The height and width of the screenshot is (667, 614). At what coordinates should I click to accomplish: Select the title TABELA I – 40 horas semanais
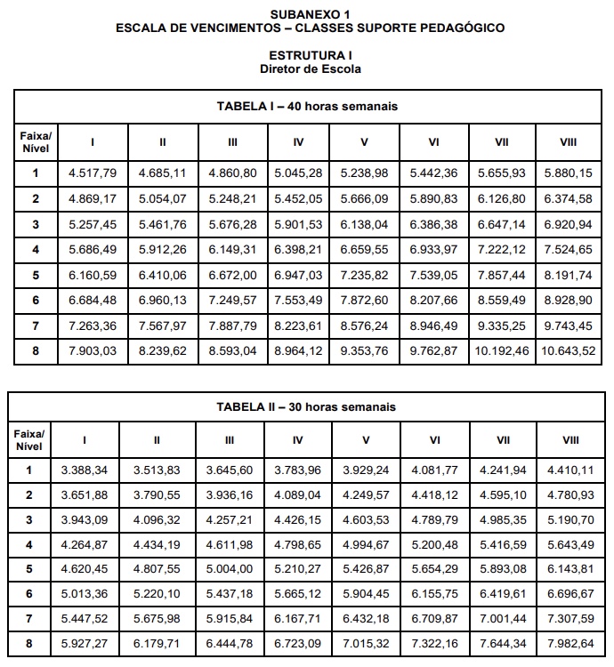[307, 106]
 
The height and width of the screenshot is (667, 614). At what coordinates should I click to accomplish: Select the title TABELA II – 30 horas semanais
[307, 406]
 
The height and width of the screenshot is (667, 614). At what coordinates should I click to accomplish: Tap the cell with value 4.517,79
[93, 173]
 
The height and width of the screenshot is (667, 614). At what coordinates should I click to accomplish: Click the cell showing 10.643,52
[568, 351]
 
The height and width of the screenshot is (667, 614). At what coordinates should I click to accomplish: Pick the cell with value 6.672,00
[232, 276]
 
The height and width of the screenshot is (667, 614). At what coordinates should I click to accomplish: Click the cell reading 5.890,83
[433, 199]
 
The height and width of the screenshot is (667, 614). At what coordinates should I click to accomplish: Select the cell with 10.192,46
[501, 351]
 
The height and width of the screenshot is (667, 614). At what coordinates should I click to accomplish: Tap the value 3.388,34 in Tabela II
[85, 470]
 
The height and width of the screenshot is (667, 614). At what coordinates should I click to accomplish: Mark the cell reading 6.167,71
[297, 617]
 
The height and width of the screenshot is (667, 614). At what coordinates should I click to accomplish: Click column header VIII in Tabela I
[568, 141]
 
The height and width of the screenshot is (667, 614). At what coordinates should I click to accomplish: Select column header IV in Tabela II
[297, 439]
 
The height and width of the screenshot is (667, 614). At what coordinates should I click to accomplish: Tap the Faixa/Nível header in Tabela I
[36, 141]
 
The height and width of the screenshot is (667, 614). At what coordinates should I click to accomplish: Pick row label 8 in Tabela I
[36, 351]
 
